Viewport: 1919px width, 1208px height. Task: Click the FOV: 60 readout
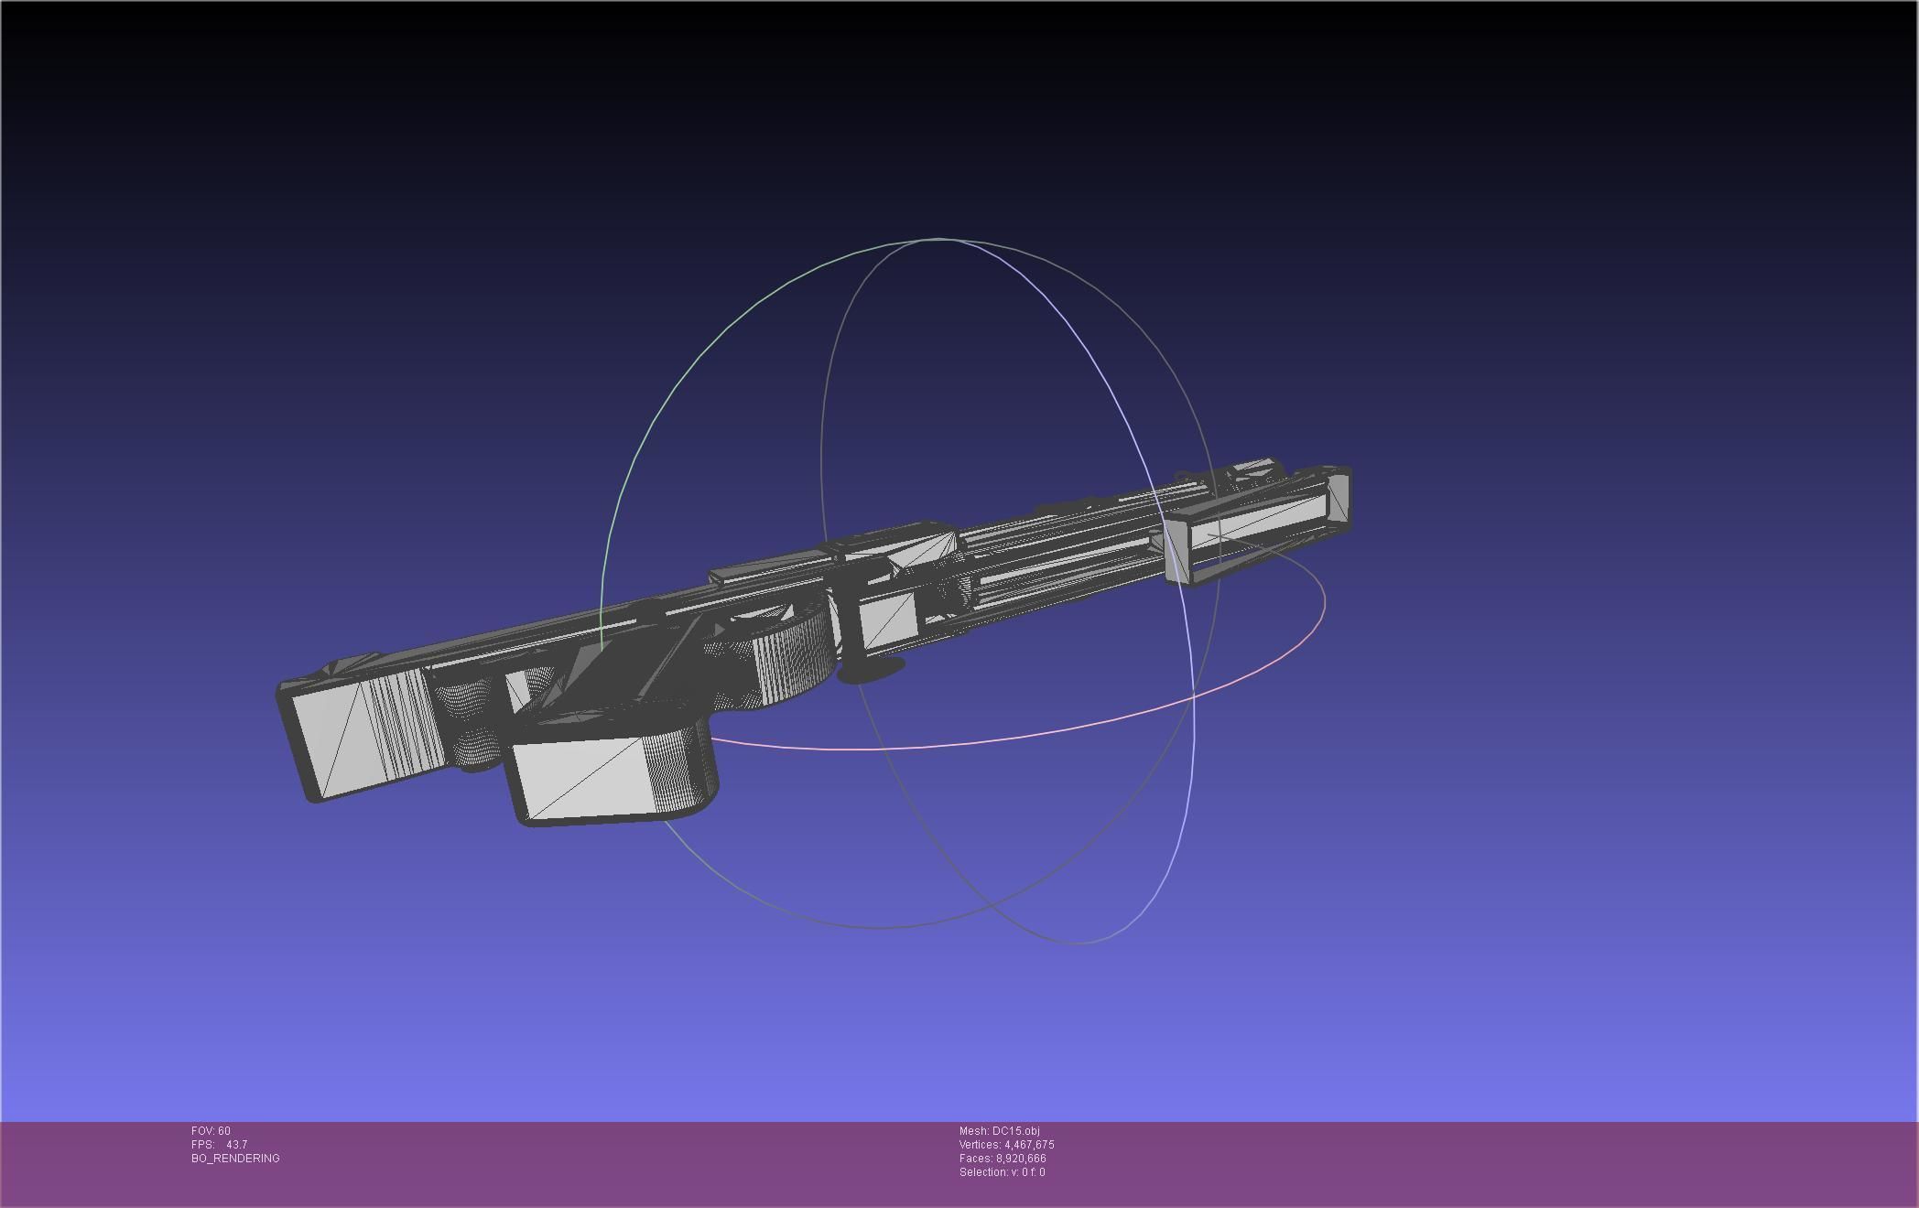(211, 1131)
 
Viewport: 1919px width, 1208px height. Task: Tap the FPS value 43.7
(236, 1145)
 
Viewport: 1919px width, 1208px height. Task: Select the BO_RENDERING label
(235, 1159)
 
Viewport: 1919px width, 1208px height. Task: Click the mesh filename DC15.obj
(1015, 1131)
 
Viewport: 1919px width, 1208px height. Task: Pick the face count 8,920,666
(1021, 1159)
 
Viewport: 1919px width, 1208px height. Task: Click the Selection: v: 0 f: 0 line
(1002, 1172)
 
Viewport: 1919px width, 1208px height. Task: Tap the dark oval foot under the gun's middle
(872, 671)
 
